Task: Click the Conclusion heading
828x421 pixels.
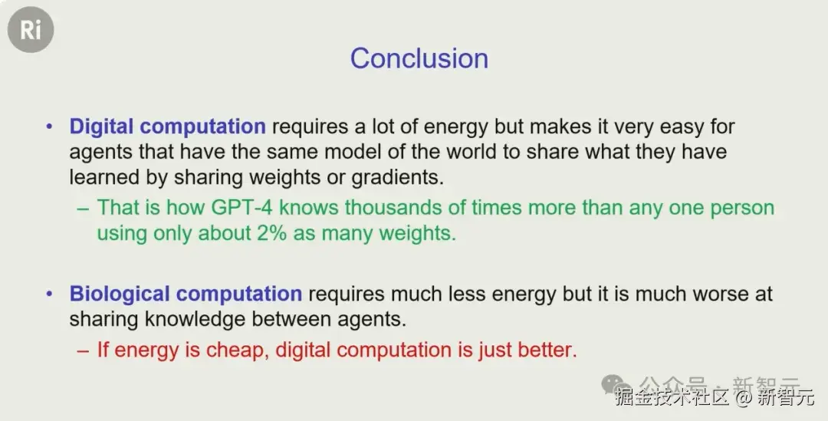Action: [x=419, y=58]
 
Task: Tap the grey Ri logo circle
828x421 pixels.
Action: [x=31, y=30]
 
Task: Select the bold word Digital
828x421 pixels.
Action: [x=101, y=127]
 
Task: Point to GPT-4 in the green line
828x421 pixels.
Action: [x=242, y=207]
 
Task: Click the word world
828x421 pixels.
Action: [x=472, y=152]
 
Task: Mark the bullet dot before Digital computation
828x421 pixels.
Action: [x=50, y=127]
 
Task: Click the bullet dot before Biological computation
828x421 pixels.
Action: [x=50, y=294]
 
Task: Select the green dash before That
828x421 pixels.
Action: [x=83, y=208]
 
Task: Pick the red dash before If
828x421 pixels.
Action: [x=83, y=350]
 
